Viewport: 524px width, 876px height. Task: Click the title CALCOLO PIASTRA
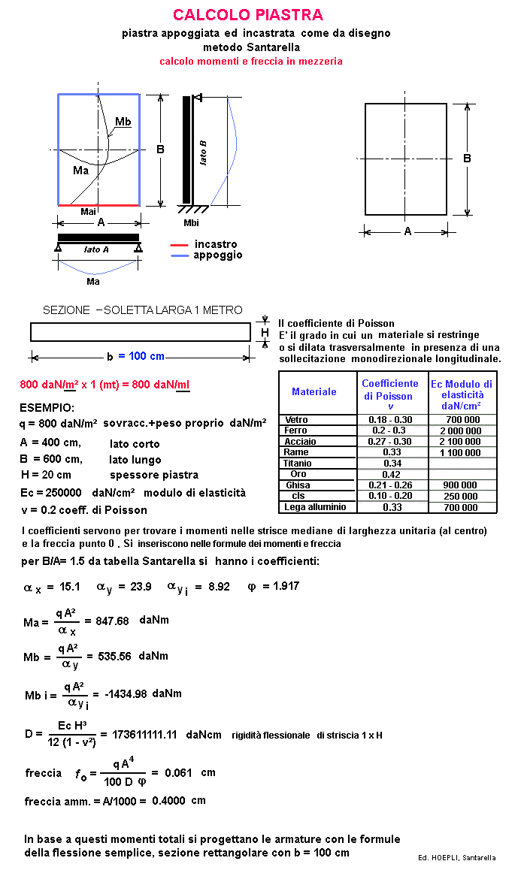(x=248, y=15)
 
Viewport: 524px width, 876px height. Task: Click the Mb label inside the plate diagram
(x=123, y=122)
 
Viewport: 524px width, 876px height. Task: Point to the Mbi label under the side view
(x=192, y=223)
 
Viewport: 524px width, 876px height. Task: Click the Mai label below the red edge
(x=88, y=212)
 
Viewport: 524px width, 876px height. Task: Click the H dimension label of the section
(x=265, y=332)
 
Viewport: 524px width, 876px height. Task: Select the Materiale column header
(x=314, y=391)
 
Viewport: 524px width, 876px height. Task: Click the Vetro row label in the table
(x=297, y=419)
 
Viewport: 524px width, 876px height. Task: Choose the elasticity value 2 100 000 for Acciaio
(x=461, y=442)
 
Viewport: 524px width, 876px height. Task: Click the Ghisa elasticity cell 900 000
(x=461, y=485)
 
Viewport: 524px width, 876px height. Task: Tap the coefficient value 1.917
(x=283, y=586)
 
